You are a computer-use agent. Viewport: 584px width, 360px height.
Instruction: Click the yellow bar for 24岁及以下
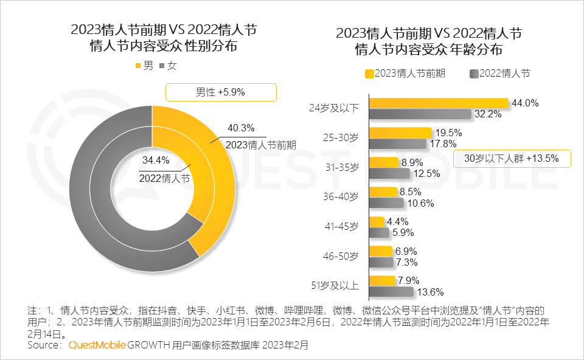click(438, 103)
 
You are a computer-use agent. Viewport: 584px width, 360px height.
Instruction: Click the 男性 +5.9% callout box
click(221, 92)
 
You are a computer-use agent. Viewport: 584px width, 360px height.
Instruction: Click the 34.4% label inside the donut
click(155, 161)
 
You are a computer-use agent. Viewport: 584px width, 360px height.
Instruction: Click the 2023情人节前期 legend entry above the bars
click(405, 74)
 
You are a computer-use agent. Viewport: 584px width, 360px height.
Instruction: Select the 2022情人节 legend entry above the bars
click(500, 74)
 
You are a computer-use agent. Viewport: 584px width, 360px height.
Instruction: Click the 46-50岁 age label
click(342, 257)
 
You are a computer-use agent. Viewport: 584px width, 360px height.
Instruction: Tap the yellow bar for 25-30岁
click(400, 133)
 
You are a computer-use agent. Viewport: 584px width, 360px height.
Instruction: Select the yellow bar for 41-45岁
click(377, 222)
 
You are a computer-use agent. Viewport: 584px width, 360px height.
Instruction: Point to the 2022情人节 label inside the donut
click(164, 178)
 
